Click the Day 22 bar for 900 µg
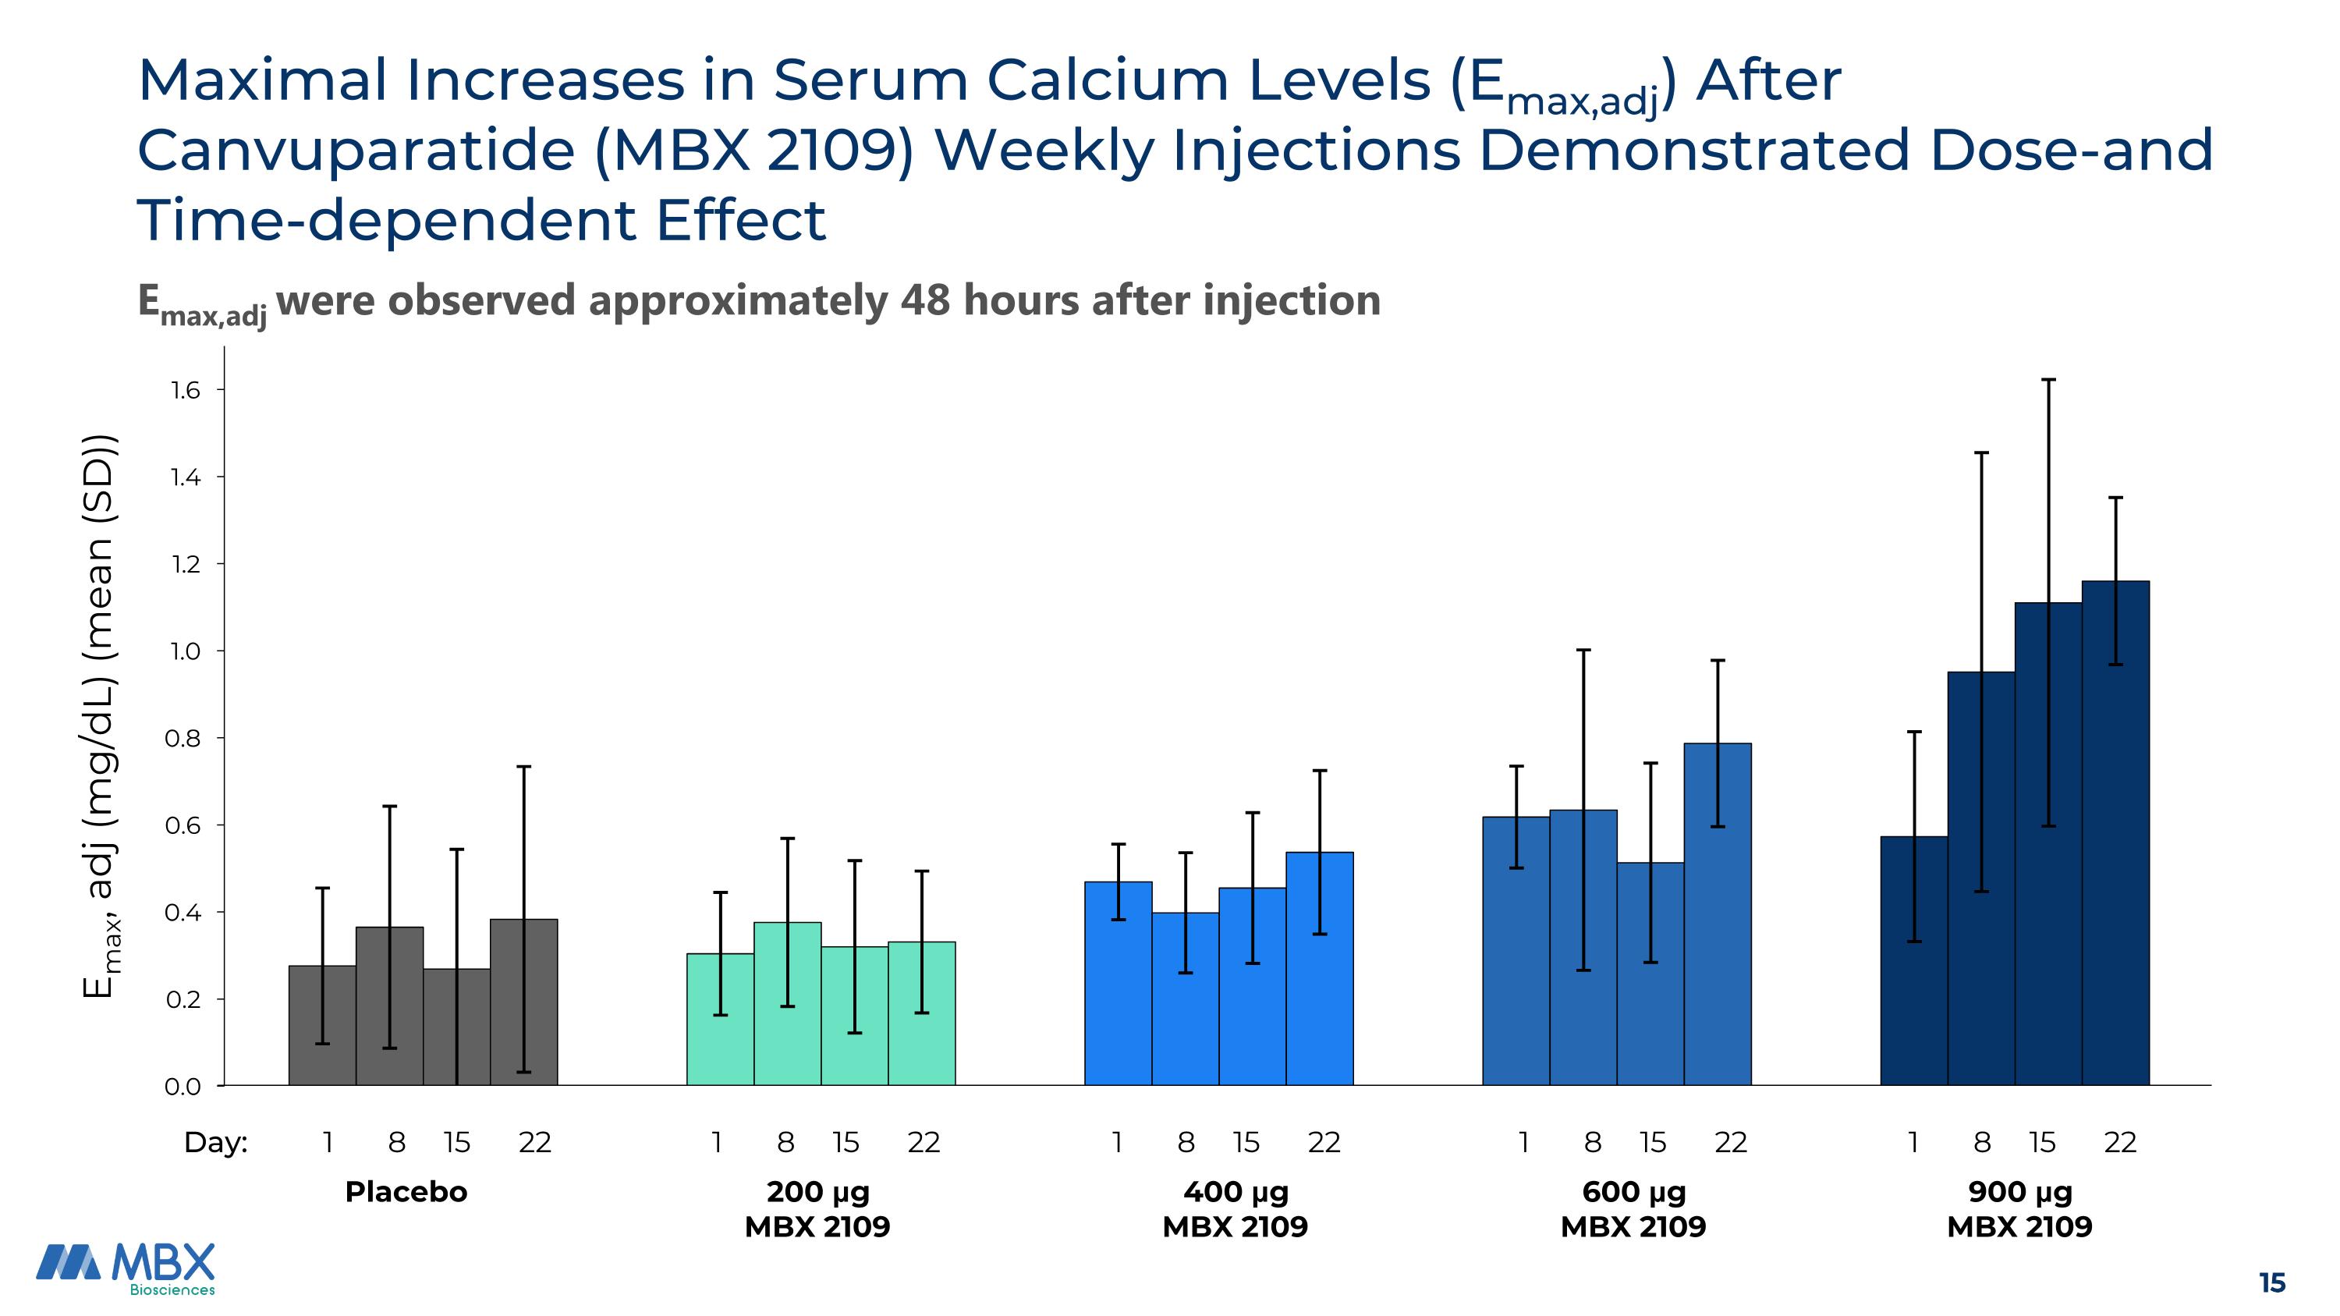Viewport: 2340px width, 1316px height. coord(2115,833)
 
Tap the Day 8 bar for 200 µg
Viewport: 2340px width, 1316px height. coord(788,1003)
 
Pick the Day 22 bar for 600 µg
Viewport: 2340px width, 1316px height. coord(1718,914)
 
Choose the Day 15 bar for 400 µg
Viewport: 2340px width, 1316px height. coord(1253,986)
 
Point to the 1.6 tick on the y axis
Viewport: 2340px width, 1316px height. coord(219,389)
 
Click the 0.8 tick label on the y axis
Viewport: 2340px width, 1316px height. coord(183,739)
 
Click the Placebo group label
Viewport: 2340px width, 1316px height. coord(406,1191)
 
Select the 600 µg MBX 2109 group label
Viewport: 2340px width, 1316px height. coord(1633,1209)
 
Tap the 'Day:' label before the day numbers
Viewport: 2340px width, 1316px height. coord(215,1143)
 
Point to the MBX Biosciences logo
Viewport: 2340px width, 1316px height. coord(126,1268)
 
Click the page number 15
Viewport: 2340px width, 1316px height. coord(2272,1283)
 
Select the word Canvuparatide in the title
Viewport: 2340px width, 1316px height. coord(356,151)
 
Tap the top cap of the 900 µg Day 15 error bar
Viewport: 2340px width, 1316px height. coord(2048,380)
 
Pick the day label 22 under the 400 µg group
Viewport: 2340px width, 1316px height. coord(1324,1143)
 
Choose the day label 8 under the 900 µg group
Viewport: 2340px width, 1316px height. coord(1982,1143)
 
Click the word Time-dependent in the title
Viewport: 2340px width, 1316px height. coord(386,221)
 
